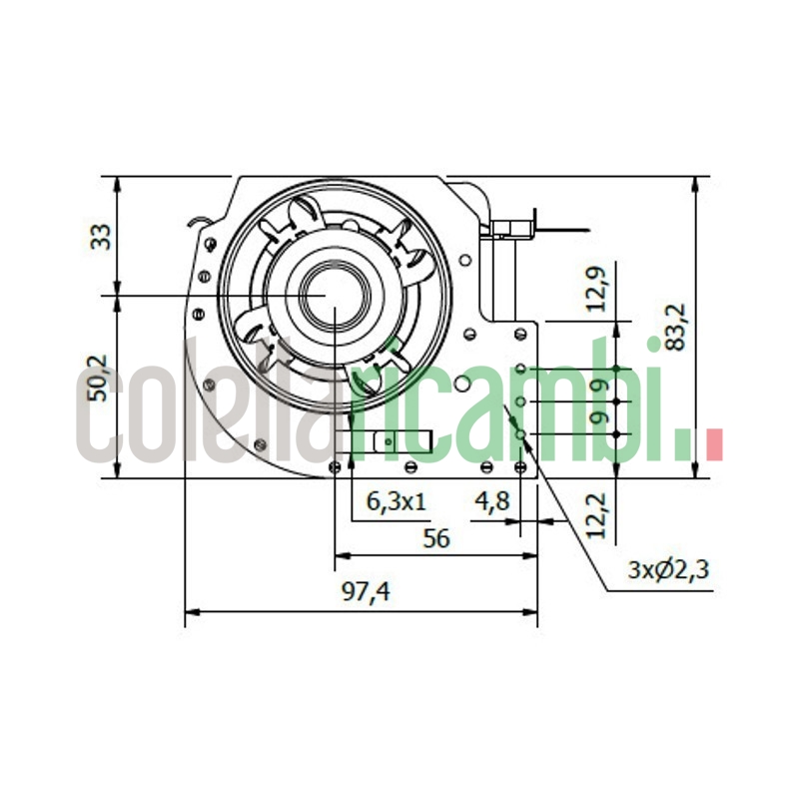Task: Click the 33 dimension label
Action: click(x=101, y=237)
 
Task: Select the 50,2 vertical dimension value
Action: click(x=101, y=380)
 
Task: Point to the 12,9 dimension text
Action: click(x=597, y=289)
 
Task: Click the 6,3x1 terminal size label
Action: click(x=397, y=502)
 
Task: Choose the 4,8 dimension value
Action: click(x=492, y=502)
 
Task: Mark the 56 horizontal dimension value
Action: click(x=436, y=538)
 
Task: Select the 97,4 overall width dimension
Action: click(x=366, y=592)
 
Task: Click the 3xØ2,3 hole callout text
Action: click(x=668, y=571)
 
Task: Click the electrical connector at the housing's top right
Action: click(x=507, y=229)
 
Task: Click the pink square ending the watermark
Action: click(x=713, y=444)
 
